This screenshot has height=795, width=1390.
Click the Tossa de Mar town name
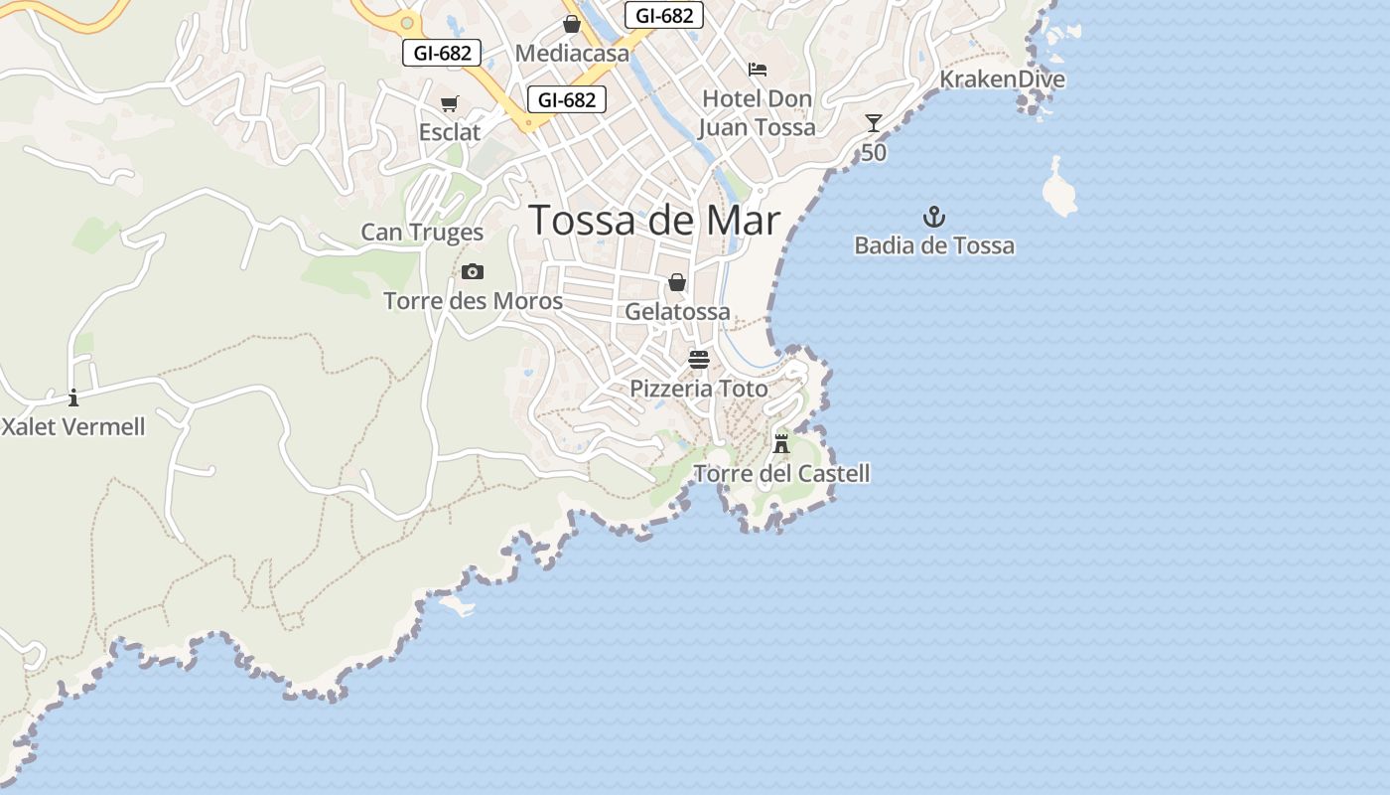tap(654, 220)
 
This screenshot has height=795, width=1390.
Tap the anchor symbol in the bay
tap(933, 217)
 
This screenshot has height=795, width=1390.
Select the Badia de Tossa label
tap(934, 245)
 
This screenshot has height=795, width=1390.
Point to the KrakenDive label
tap(1002, 79)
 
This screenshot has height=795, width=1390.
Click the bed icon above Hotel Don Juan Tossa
tap(758, 70)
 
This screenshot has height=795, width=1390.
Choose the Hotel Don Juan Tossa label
tap(757, 113)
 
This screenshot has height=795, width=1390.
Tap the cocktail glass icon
tap(874, 123)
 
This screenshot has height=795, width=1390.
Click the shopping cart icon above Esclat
tap(450, 104)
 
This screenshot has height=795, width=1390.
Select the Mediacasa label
tap(573, 54)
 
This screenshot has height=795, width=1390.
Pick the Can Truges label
tap(422, 233)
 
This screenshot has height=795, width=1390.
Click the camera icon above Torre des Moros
tap(473, 271)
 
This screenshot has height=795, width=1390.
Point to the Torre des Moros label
tap(473, 301)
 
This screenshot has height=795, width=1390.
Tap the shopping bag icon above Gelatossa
tap(677, 283)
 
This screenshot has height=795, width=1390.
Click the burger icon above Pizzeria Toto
tap(699, 359)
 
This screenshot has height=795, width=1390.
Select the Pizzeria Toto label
tap(699, 389)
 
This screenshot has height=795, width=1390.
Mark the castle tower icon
tap(781, 442)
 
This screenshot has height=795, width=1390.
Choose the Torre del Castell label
tap(781, 474)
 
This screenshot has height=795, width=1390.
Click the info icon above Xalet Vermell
tap(72, 398)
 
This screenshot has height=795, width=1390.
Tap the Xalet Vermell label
tap(73, 427)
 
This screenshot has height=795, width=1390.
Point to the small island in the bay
tap(1059, 190)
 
